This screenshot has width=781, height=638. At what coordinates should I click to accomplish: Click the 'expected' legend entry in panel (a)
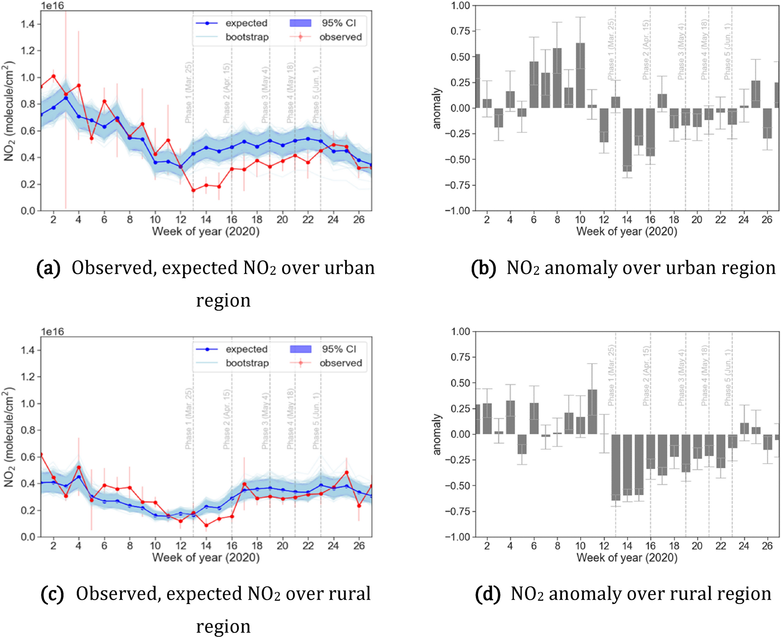pos(246,23)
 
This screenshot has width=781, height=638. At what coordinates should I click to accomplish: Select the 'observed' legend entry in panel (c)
pos(340,363)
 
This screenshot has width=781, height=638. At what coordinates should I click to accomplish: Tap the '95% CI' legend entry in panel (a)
pos(338,23)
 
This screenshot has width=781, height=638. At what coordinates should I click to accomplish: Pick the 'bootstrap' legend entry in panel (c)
pos(247,363)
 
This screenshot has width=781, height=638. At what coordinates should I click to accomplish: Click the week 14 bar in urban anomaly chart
pos(627,140)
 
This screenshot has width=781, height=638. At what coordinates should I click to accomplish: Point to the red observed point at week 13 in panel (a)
pos(193,190)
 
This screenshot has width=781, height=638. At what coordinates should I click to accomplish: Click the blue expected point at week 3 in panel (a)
pos(66,98)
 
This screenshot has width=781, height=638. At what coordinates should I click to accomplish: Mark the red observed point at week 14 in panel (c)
pos(206,525)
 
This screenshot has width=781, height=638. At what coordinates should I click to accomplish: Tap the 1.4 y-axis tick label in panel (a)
pos(28,24)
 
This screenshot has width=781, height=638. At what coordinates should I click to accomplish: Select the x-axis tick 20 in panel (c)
pos(282,545)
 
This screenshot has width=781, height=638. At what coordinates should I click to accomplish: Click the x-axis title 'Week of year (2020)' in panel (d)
pos(627,558)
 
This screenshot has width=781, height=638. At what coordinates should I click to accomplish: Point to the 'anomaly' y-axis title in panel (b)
pos(437,108)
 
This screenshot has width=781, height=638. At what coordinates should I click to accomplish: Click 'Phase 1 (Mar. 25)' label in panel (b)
pos(611,50)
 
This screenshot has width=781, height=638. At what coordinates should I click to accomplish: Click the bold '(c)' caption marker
pos(52,595)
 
